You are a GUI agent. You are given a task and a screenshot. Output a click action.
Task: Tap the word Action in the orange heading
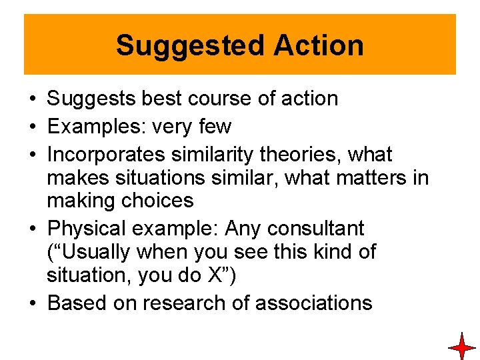318,45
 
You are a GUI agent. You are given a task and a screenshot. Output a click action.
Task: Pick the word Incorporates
107,155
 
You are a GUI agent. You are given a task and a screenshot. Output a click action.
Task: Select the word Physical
90,229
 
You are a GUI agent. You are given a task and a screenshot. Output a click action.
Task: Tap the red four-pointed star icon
461,347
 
